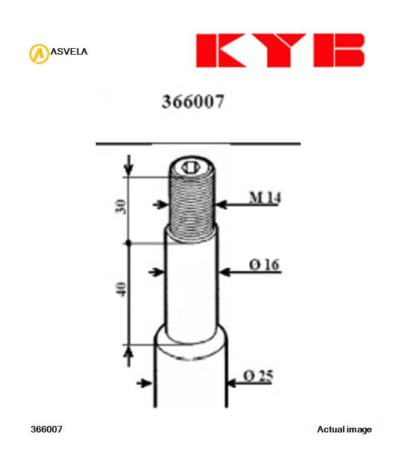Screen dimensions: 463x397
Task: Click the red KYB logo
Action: coord(280,50)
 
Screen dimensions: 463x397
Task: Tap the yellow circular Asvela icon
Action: coord(38,53)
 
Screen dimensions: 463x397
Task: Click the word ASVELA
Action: coord(69,52)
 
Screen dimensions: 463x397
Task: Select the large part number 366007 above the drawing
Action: coord(193,102)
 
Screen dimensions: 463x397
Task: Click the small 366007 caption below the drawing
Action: coord(46,430)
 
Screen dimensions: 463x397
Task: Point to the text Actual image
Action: coord(344,430)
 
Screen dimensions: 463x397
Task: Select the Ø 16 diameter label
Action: coord(264,265)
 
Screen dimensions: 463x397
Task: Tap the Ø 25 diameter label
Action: coord(258,376)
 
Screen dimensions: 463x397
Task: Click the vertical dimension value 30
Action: coord(121,207)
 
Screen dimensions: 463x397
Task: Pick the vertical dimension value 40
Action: coord(121,289)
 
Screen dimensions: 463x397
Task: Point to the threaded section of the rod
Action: coord(191,203)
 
